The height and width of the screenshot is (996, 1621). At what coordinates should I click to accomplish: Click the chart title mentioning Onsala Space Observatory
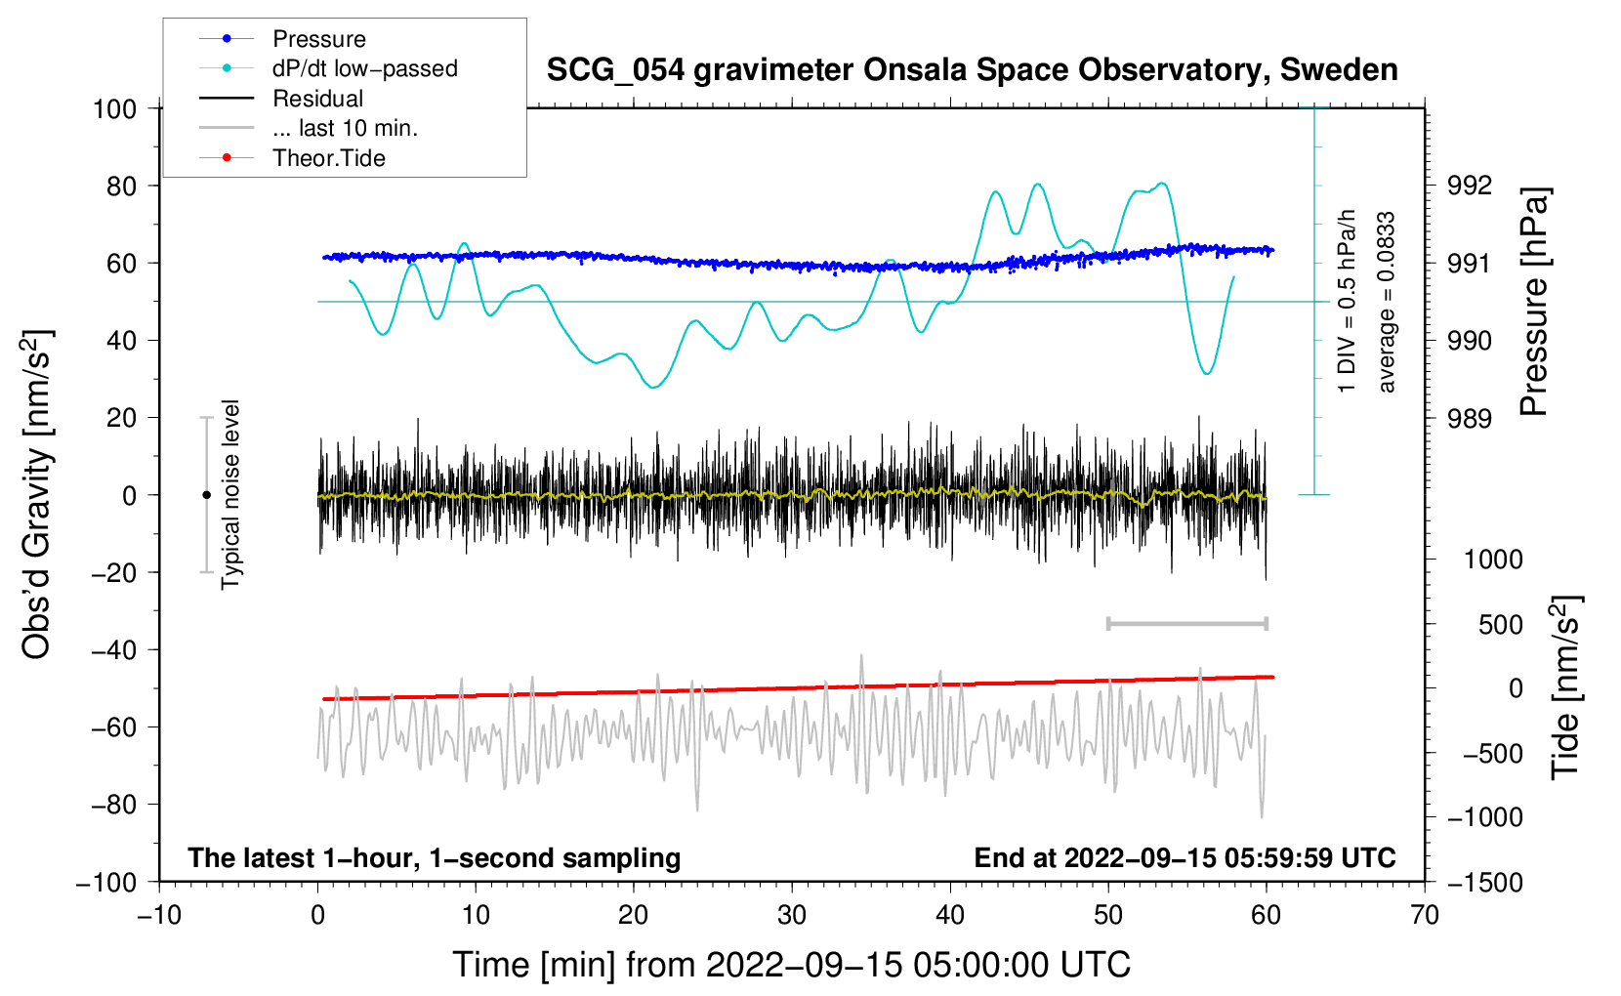coord(972,70)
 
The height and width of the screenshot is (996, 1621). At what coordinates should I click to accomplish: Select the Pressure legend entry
coord(282,38)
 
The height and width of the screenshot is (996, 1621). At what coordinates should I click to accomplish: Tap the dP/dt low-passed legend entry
coord(328,68)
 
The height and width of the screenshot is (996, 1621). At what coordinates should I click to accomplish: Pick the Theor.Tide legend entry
coord(292,158)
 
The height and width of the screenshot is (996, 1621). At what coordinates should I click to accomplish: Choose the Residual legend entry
coord(281,99)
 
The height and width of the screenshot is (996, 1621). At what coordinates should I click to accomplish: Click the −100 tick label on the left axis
coord(106,883)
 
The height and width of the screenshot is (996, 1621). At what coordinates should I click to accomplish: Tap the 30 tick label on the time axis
coord(792,915)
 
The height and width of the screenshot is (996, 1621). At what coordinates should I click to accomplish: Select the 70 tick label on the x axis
coord(1424,915)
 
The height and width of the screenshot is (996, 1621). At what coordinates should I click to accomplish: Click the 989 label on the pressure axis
coord(1469,418)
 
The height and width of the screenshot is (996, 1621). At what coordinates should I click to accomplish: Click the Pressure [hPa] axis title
coord(1534,302)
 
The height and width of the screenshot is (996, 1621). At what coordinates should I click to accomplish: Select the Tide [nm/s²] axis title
coord(1565,687)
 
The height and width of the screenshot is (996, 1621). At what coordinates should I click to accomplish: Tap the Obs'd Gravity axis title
coord(37,494)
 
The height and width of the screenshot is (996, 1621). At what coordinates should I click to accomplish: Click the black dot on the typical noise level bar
coord(206,495)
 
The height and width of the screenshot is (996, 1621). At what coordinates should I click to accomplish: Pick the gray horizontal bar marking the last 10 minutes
coord(1186,623)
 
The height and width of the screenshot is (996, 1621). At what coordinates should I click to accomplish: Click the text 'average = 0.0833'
coord(1385,302)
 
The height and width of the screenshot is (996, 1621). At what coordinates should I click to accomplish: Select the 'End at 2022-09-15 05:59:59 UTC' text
coord(1185,857)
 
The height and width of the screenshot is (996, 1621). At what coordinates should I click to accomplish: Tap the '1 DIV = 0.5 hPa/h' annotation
coord(1346,302)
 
